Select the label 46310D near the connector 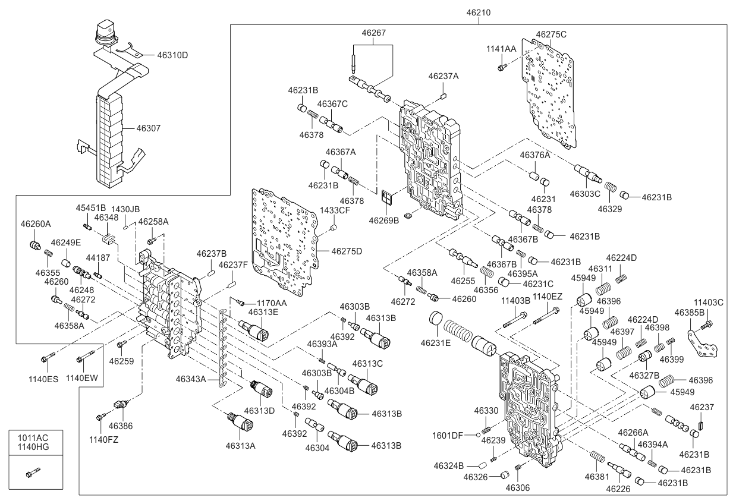tap(172, 55)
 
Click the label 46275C tap(551, 34)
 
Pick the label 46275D tap(347, 251)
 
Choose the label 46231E tap(436, 343)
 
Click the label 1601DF tap(448, 434)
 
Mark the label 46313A tap(240, 445)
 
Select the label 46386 tap(119, 426)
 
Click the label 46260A tap(36, 224)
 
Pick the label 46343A tap(191, 378)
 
